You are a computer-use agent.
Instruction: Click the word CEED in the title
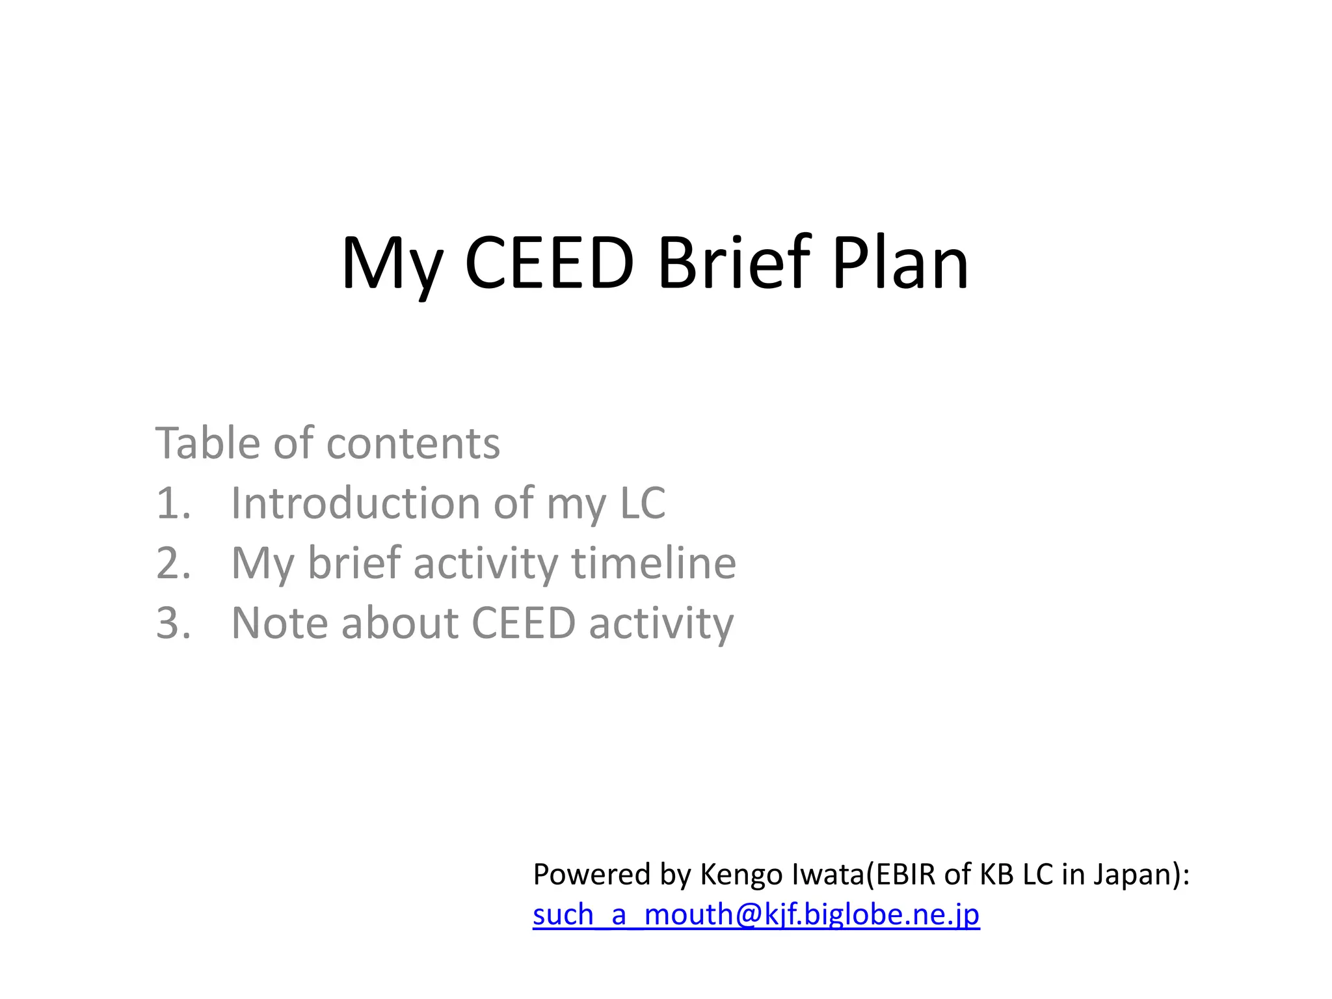point(549,263)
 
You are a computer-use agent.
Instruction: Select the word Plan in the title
point(901,263)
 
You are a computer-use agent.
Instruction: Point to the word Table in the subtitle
point(208,443)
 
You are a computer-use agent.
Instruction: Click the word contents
point(413,444)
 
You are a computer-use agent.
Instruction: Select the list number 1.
point(173,503)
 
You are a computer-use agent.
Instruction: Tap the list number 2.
point(173,563)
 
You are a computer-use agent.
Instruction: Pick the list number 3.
point(173,623)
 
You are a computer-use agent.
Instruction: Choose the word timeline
point(654,563)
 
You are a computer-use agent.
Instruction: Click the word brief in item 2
point(354,563)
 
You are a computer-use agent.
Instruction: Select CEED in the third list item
point(524,623)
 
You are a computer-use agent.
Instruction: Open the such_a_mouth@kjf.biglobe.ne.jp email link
point(756,914)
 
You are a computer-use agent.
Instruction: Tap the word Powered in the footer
point(593,874)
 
